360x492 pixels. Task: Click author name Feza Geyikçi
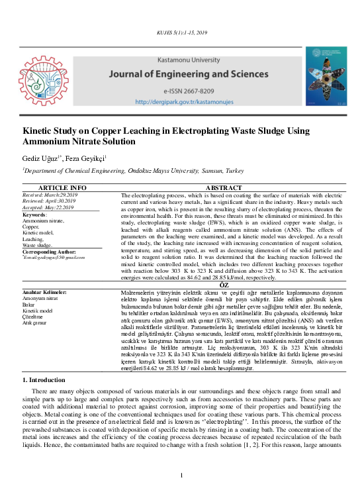pyautogui.click(x=89, y=159)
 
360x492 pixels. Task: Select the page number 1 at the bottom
pyautogui.click(x=180, y=475)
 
